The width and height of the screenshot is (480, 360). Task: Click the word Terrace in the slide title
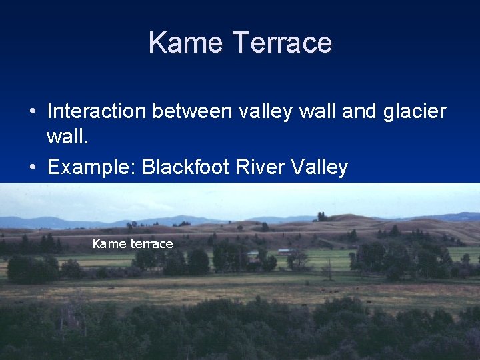pos(283,43)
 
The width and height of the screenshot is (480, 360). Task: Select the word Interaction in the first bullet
pos(97,111)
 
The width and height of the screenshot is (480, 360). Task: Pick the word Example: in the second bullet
pos(91,167)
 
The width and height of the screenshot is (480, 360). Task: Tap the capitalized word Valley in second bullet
pos(319,167)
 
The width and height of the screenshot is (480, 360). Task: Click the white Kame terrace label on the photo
pos(133,244)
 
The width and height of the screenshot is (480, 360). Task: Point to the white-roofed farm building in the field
pos(285,252)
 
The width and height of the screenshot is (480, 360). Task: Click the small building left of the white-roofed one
pos(253,255)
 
